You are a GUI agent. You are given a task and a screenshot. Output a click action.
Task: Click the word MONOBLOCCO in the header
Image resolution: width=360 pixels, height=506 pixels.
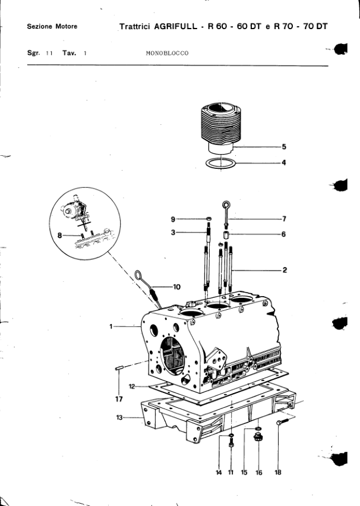pyautogui.click(x=167, y=54)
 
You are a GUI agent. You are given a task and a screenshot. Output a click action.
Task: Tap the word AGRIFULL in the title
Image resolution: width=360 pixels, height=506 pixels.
pyautogui.click(x=176, y=27)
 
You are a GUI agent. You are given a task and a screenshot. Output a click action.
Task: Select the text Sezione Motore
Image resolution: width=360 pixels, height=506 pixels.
pyautogui.click(x=52, y=27)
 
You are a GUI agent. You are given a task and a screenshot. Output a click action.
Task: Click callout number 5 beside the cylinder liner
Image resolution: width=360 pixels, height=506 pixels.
pyautogui.click(x=284, y=147)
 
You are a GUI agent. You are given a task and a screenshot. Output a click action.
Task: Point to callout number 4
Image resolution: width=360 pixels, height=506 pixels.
pyautogui.click(x=284, y=163)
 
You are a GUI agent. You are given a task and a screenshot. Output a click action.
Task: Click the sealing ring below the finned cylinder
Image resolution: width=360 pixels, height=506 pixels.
pyautogui.click(x=207, y=164)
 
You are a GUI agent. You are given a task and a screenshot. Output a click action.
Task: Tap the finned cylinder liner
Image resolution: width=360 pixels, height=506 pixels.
pyautogui.click(x=222, y=127)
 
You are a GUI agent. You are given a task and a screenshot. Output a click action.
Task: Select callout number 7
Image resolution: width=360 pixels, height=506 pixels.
pyautogui.click(x=285, y=219)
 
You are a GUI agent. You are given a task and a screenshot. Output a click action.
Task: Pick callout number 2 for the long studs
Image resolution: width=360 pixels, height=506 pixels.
pyautogui.click(x=285, y=270)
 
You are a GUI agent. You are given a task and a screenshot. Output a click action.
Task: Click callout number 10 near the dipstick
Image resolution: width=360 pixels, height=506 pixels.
pyautogui.click(x=177, y=287)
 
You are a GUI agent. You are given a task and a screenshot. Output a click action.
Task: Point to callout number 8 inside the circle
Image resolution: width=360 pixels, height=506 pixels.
pyautogui.click(x=59, y=235)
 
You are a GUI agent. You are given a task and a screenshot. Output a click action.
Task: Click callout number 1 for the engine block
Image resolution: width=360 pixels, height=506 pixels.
pyautogui.click(x=111, y=326)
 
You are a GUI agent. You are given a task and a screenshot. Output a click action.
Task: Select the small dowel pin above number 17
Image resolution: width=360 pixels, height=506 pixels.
pyautogui.click(x=119, y=367)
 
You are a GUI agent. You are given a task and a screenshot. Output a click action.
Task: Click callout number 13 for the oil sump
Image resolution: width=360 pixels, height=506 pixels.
pyautogui.click(x=119, y=417)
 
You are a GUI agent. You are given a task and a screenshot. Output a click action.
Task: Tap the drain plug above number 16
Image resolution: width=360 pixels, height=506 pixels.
pyautogui.click(x=258, y=438)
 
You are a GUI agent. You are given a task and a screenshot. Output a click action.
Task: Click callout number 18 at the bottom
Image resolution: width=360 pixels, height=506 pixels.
pyautogui.click(x=278, y=473)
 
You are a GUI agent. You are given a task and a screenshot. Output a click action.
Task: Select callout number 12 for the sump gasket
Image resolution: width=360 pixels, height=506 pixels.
pyautogui.click(x=132, y=386)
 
